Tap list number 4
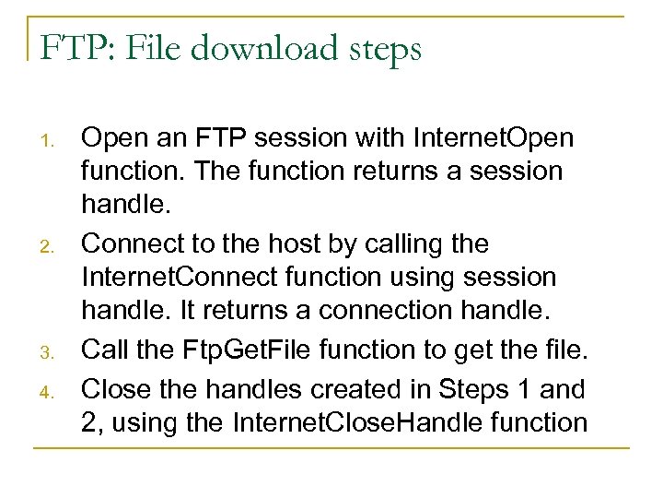point(52,391)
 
